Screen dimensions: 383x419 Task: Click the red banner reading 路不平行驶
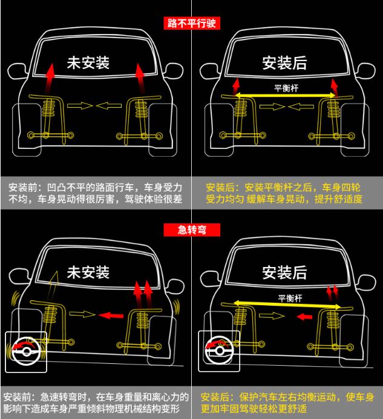coord(192,23)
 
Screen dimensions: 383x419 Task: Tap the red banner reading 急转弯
coord(192,230)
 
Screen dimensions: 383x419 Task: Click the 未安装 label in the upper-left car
coord(88,63)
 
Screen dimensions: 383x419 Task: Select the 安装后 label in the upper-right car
coord(284,63)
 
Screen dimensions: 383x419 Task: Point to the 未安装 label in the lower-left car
coord(88,272)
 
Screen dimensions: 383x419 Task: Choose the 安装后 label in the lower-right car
coord(284,272)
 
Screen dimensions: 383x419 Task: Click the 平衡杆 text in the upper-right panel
coord(286,88)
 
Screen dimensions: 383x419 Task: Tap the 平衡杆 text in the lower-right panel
coord(290,298)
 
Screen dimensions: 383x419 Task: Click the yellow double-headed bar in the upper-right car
coord(286,95)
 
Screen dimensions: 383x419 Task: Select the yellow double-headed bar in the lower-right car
coord(287,305)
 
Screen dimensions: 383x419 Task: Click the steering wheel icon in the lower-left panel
coord(26,351)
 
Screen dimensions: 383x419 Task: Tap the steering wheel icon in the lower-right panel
coord(219,351)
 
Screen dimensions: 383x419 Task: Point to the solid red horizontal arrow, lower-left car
coord(111,315)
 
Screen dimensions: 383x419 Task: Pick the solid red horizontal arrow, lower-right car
coord(304,317)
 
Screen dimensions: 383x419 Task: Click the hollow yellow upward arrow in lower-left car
coord(53,285)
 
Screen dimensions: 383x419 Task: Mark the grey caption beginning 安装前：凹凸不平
coord(96,193)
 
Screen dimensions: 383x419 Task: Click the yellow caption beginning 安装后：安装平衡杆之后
coord(284,193)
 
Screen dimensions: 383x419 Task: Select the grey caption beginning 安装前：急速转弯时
coord(96,403)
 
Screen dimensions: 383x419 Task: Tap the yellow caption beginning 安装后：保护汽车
coord(287,403)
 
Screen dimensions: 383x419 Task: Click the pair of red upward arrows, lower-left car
coord(143,294)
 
